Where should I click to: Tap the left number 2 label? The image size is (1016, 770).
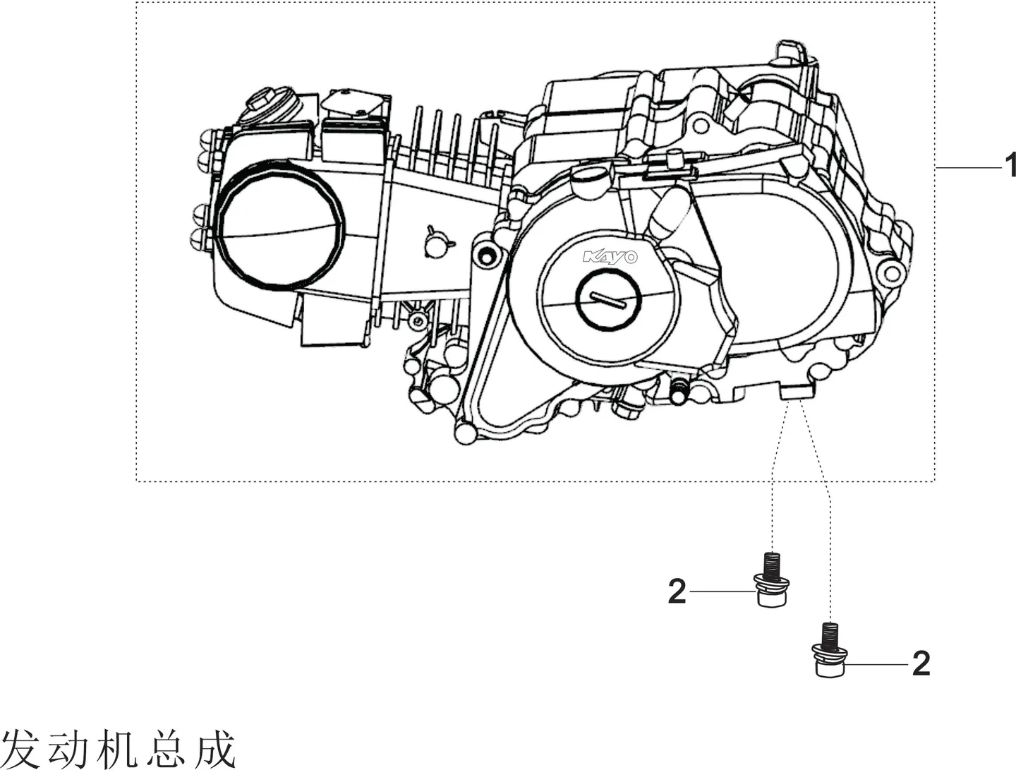coord(677,591)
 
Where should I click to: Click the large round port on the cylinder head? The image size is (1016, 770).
coord(281,222)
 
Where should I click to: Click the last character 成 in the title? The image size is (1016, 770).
coord(216,750)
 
